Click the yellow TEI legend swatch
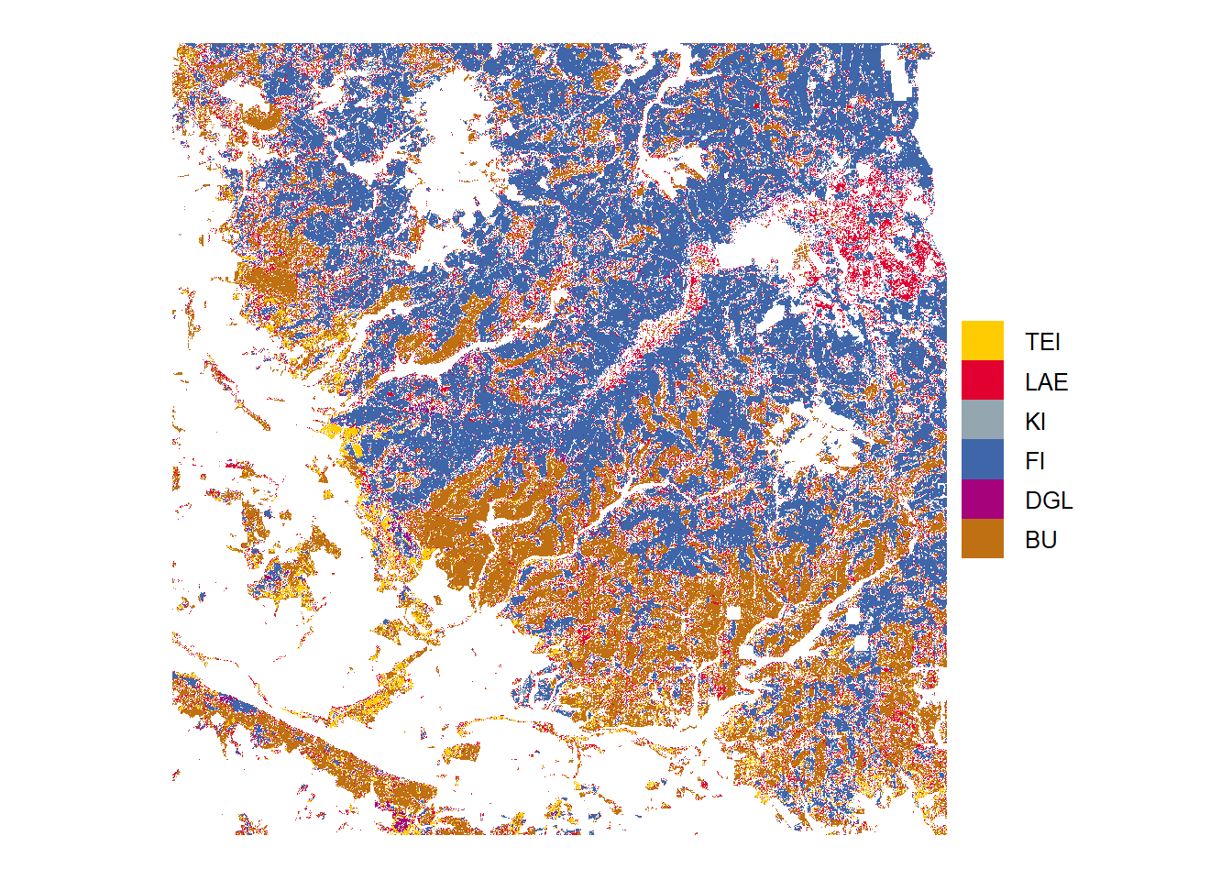point(982,341)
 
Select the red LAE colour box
point(982,380)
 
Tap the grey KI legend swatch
point(982,420)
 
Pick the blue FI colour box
point(982,460)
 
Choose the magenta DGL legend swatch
point(982,500)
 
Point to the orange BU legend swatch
point(982,539)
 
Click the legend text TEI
point(1042,342)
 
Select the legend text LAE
point(1046,381)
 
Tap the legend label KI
point(1035,422)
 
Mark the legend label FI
point(1035,461)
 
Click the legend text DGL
point(1049,500)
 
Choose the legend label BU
point(1040,540)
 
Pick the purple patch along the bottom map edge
point(401,823)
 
